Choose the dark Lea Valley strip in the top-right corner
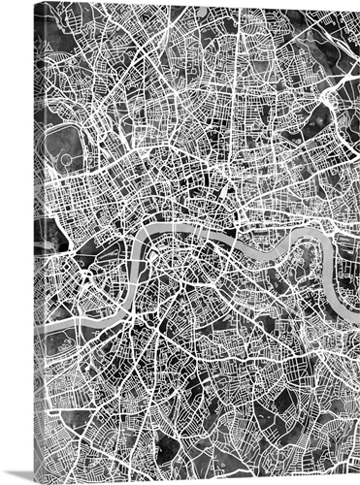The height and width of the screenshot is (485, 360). pos(335,39)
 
